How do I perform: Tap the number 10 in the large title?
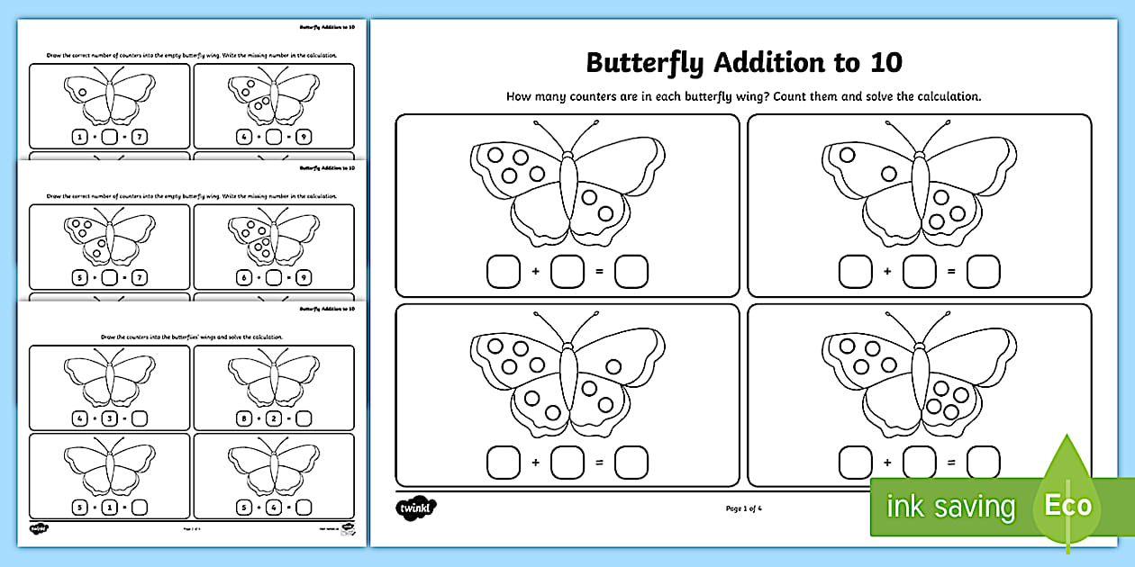(885, 63)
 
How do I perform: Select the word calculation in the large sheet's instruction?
(946, 96)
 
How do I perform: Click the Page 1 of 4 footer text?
(743, 508)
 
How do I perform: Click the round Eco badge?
(1067, 506)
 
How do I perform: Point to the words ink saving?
(950, 507)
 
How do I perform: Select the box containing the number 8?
(243, 418)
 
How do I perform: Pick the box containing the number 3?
(109, 418)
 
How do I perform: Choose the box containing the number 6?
(243, 278)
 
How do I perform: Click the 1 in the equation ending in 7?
(79, 137)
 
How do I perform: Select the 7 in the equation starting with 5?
(139, 278)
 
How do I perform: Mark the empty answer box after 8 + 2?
(304, 418)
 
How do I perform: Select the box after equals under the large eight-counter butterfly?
(631, 463)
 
